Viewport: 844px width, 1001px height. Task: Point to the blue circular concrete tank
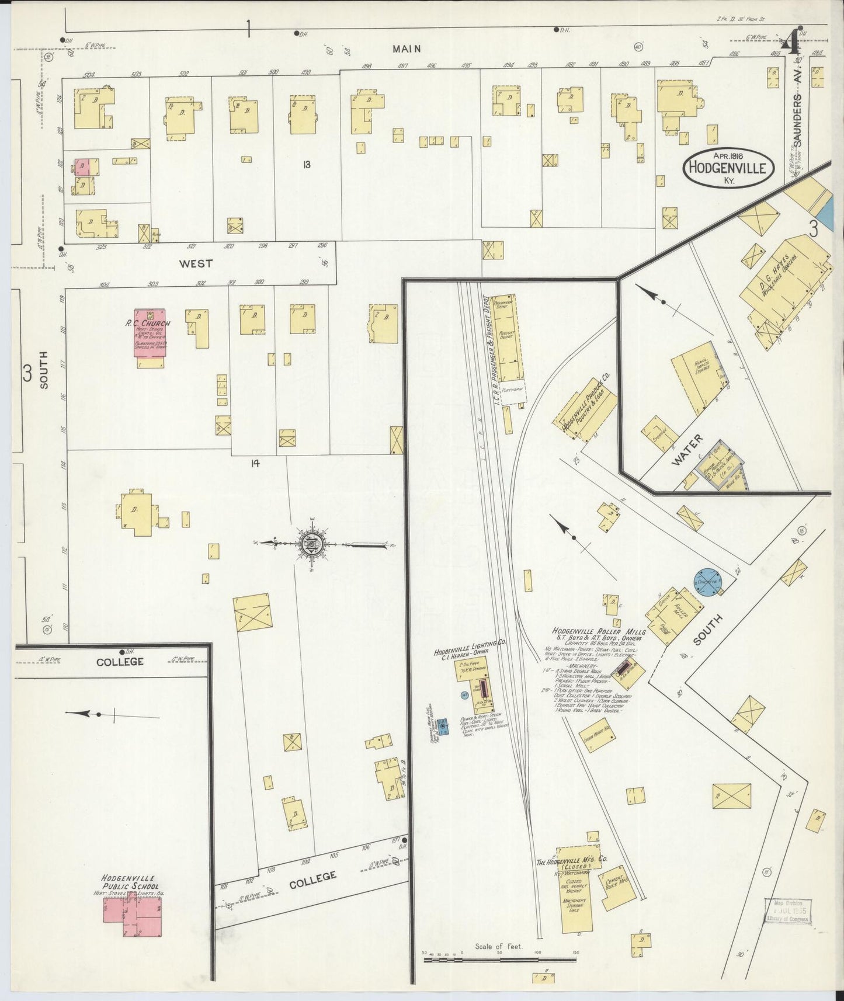pyautogui.click(x=708, y=581)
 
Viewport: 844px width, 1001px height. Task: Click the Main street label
pyautogui.click(x=407, y=49)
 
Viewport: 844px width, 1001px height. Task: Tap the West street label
pyautogui.click(x=196, y=264)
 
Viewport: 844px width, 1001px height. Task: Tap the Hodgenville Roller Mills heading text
pyautogui.click(x=599, y=632)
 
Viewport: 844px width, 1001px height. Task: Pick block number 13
pyautogui.click(x=306, y=165)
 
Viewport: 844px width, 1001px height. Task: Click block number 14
pyautogui.click(x=255, y=463)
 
